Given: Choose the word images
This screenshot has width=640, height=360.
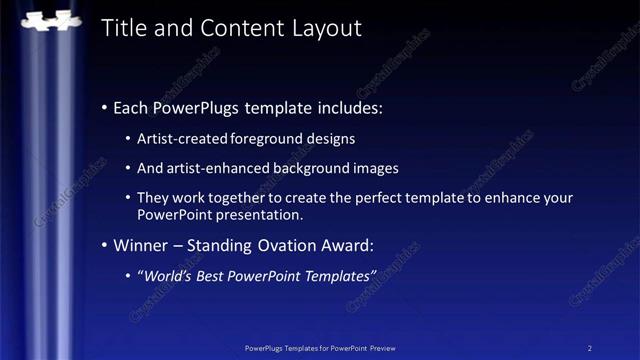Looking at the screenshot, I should [x=376, y=168].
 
